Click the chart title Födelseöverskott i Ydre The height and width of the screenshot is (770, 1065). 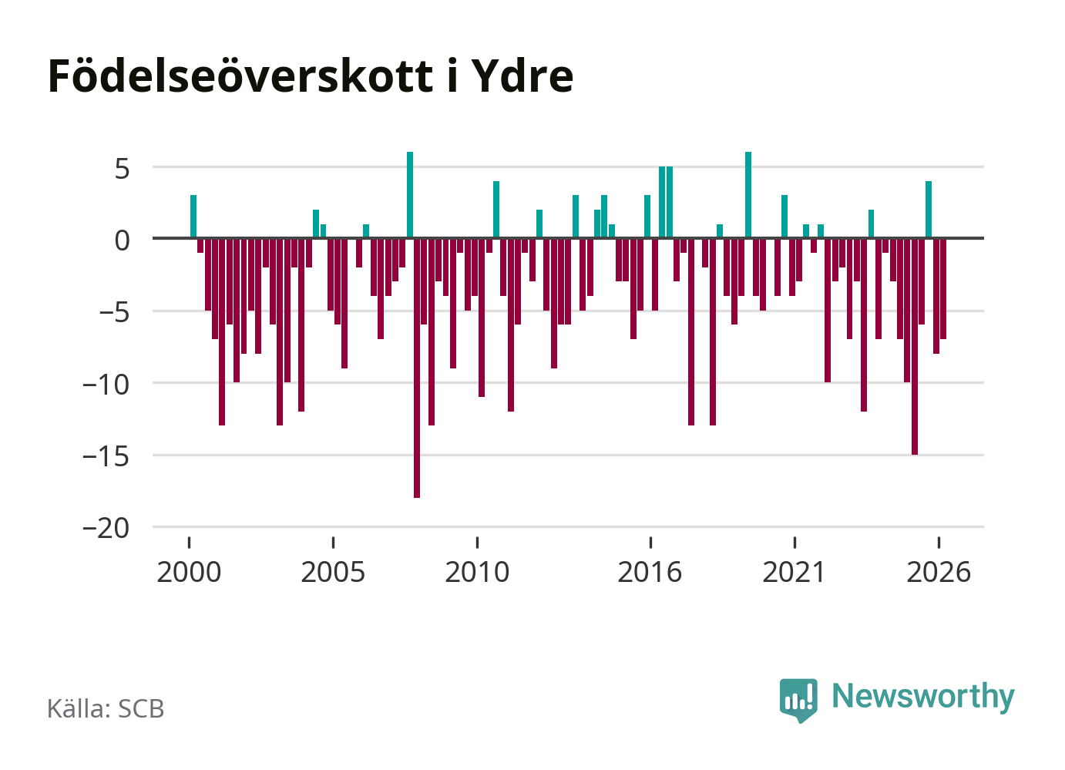pos(311,76)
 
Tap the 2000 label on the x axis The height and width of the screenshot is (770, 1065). pos(189,572)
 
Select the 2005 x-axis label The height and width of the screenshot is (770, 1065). pos(333,572)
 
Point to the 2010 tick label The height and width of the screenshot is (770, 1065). pos(477,572)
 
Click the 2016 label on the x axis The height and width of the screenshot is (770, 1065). pos(650,572)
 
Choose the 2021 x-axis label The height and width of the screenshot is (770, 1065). pos(794,572)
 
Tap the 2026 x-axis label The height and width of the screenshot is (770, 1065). pos(938,572)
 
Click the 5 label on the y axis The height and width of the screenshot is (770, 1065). pos(122,169)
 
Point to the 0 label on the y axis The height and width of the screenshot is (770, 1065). pos(122,240)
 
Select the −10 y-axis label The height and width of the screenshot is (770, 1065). pos(106,385)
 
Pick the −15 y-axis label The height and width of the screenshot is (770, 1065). pos(106,457)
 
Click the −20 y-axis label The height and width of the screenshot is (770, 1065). pos(106,529)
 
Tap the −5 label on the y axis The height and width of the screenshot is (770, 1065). pos(114,313)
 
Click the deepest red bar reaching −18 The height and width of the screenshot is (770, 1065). pos(416,368)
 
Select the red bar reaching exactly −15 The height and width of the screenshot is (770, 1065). pos(914,346)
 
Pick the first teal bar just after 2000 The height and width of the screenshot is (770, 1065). pos(193,217)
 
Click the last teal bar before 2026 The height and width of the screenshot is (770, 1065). pos(928,210)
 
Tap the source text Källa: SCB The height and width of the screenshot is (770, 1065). pos(106,708)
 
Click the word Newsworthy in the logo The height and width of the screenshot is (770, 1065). pos(923,696)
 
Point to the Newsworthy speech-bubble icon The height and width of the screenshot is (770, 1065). pos(798,700)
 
